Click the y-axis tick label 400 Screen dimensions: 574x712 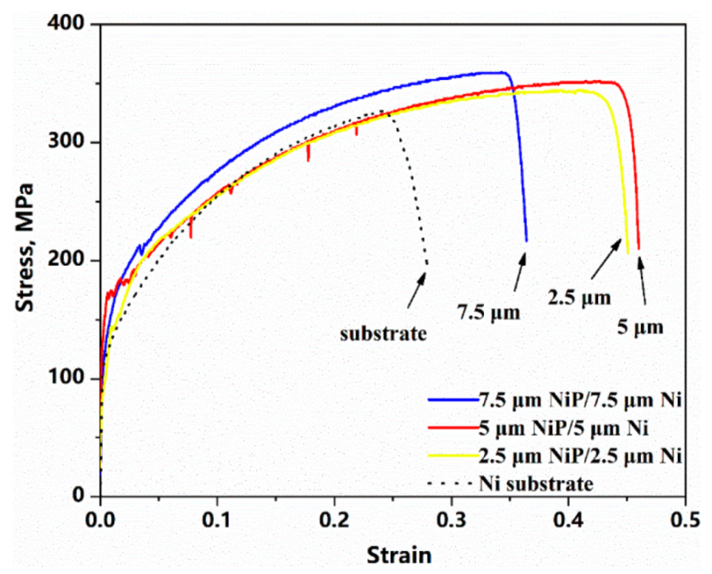[x=70, y=25]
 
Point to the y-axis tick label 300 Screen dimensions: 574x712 [x=70, y=143]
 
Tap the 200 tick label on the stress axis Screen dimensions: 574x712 [x=70, y=260]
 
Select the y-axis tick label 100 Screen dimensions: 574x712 [x=70, y=378]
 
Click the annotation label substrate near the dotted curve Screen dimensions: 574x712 [x=383, y=333]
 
